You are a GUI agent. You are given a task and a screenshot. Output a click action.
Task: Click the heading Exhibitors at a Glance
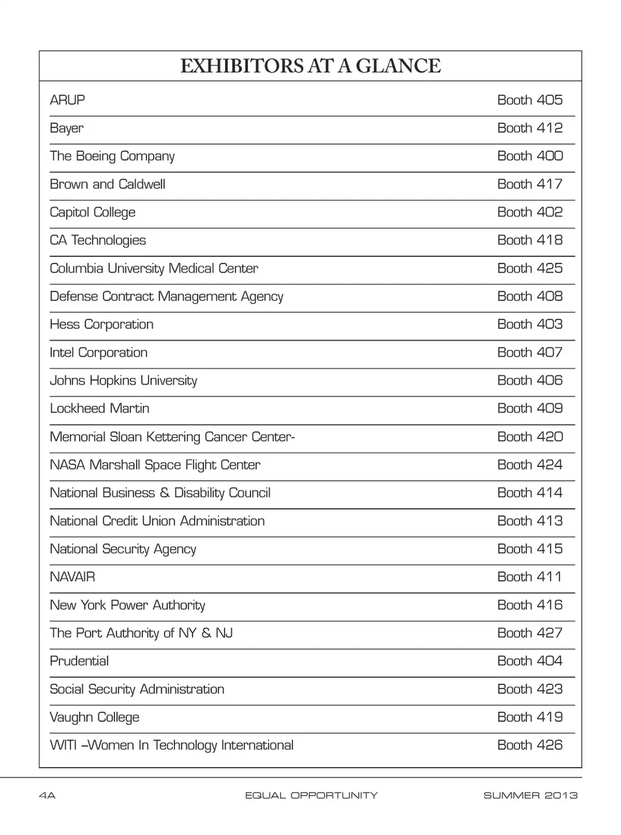point(310,66)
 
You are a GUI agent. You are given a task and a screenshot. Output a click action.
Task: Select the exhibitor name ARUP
point(67,100)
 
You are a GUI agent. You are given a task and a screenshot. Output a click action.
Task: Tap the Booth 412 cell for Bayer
point(530,128)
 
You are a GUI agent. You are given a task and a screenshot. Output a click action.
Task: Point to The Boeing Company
point(112,156)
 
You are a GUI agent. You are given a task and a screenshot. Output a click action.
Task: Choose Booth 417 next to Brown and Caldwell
point(530,184)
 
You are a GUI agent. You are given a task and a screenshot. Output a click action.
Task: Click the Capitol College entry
point(93,212)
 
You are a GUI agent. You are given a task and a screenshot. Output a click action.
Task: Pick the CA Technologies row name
point(98,240)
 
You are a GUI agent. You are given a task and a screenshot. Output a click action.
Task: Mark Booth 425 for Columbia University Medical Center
point(530,269)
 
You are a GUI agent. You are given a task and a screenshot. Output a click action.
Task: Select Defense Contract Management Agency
point(166,296)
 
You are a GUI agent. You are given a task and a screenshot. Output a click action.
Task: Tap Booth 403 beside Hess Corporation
point(530,324)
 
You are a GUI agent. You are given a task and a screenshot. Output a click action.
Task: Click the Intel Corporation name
point(98,353)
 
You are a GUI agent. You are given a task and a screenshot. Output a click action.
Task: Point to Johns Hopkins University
point(124,381)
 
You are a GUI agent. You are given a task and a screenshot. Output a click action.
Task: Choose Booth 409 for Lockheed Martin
point(530,408)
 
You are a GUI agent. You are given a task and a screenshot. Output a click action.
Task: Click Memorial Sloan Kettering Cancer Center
point(172,437)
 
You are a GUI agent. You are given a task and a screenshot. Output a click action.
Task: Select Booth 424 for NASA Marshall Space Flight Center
point(530,465)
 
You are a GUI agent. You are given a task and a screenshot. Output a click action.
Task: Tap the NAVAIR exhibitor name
point(72,577)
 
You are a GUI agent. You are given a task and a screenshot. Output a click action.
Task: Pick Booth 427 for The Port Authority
point(530,633)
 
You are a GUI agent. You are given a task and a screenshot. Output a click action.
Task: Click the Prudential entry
point(79,661)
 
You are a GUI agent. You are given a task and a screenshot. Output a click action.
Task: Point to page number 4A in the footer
point(47,796)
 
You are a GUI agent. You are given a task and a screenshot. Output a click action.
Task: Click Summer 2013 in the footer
point(530,796)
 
